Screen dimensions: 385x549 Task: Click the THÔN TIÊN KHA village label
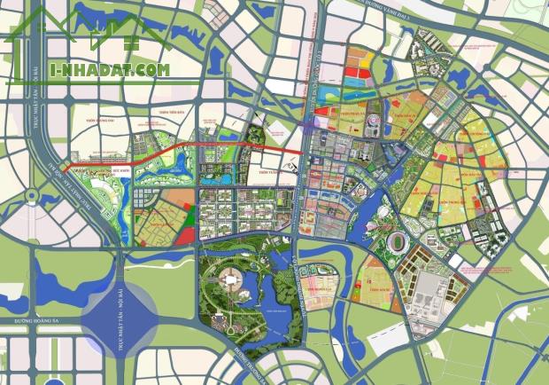[x=177, y=114]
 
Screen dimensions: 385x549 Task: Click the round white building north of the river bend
[x=383, y=212]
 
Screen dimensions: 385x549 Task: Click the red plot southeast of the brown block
[x=184, y=234]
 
